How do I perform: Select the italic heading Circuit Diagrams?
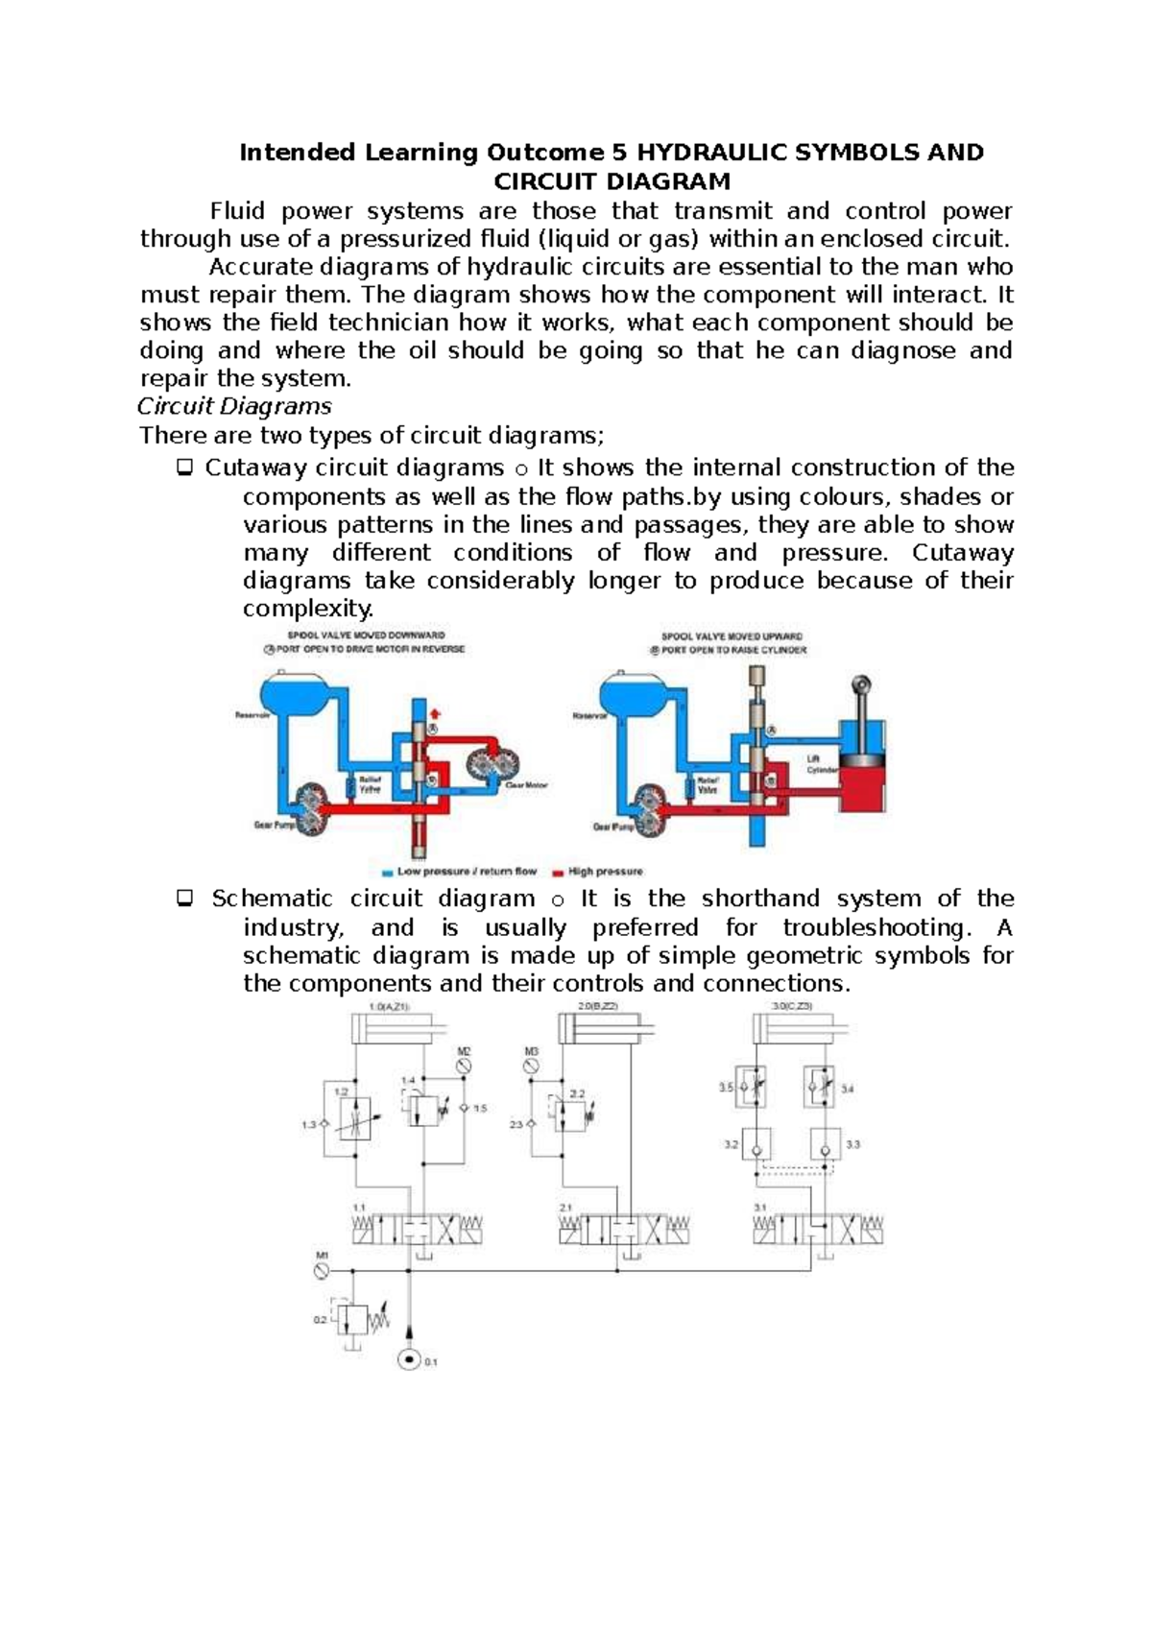point(235,406)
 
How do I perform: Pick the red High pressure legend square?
point(558,873)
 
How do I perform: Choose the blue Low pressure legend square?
point(387,873)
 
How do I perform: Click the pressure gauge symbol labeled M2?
point(464,1067)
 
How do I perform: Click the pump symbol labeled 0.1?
point(410,1359)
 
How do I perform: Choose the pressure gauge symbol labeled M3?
point(531,1067)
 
